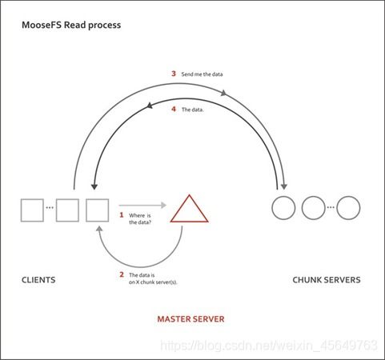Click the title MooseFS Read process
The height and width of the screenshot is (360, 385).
(x=71, y=25)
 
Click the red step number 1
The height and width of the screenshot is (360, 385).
(x=122, y=214)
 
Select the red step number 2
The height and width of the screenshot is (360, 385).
(x=122, y=274)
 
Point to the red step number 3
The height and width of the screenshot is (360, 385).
(x=174, y=74)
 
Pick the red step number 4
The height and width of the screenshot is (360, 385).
(x=174, y=109)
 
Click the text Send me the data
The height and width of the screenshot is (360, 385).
(x=202, y=74)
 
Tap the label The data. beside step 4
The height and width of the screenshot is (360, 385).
(x=193, y=110)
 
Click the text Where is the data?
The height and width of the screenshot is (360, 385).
(x=140, y=218)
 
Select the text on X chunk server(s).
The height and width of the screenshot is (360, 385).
(x=153, y=282)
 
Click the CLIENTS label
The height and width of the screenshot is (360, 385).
(x=38, y=280)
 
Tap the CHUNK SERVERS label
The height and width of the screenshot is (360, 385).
(x=327, y=280)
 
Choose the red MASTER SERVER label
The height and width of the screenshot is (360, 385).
(x=190, y=319)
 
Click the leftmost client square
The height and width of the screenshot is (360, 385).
(x=21, y=210)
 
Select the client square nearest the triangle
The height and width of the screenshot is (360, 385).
(x=86, y=210)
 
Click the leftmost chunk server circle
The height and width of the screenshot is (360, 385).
(x=272, y=208)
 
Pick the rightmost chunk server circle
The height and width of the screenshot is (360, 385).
(x=337, y=208)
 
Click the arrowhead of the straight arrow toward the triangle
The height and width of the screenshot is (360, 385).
(x=163, y=205)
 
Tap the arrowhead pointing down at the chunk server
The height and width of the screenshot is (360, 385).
(x=284, y=186)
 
